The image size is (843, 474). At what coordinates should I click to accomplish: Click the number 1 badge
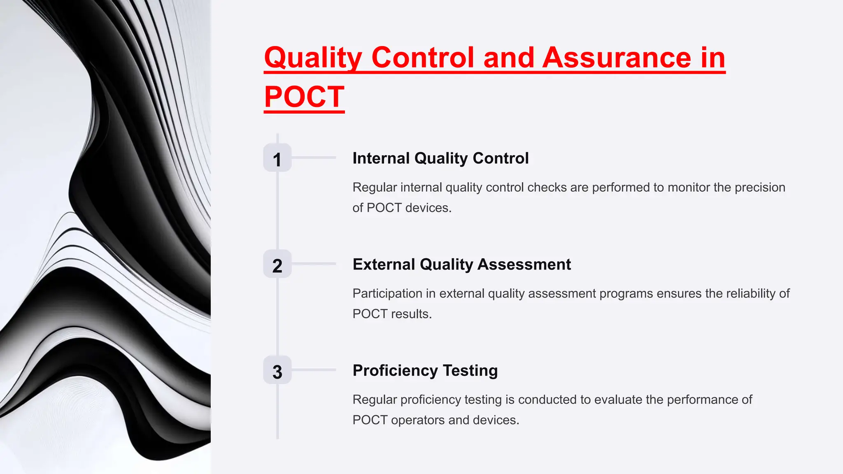277,158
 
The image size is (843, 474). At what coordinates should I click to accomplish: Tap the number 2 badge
277,264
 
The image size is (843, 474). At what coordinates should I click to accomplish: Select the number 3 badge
277,370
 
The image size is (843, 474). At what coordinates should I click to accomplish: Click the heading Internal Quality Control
440,158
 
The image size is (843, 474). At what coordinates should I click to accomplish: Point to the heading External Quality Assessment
461,265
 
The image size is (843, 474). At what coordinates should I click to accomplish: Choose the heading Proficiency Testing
425,371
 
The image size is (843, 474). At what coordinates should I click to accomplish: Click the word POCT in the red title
304,97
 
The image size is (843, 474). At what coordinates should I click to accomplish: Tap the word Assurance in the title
617,58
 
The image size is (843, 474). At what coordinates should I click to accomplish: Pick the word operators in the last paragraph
418,420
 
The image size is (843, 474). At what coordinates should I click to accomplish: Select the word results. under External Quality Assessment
411,314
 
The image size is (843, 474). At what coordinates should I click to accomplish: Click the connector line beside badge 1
314,158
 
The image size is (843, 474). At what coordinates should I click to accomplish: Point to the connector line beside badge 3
314,370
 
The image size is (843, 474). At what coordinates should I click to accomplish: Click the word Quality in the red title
313,58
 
